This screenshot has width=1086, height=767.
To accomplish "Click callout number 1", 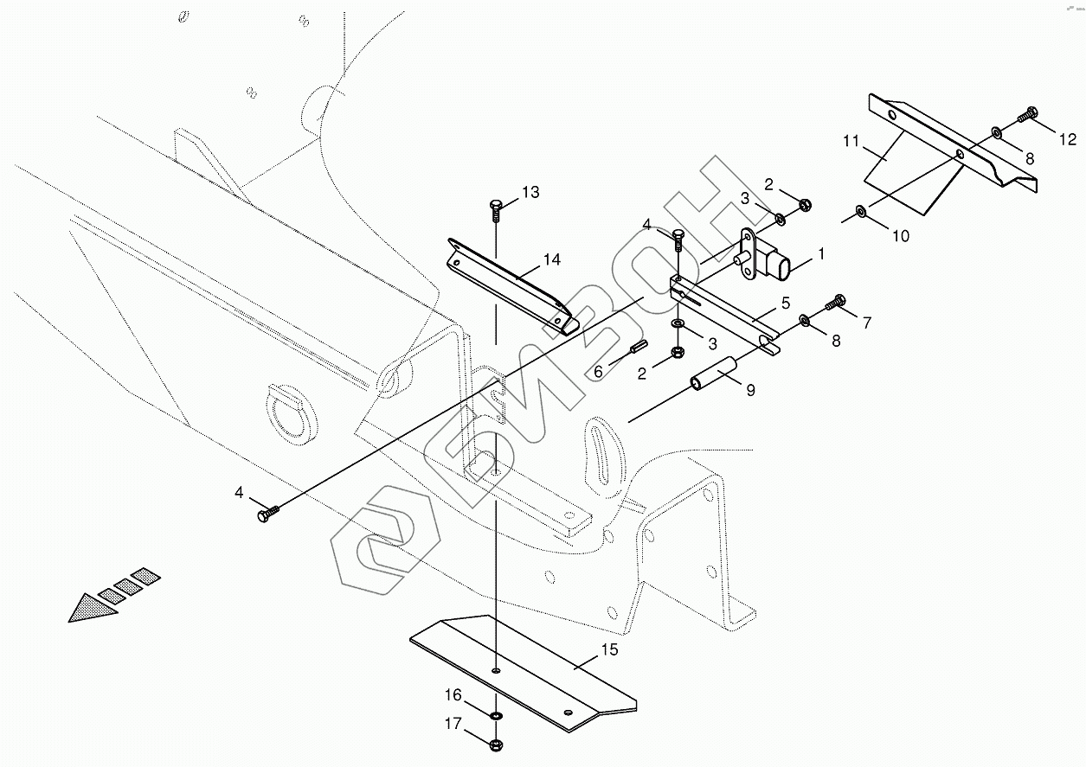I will (821, 254).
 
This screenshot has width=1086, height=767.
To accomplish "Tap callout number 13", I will (530, 192).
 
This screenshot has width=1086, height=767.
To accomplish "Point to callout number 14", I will (552, 259).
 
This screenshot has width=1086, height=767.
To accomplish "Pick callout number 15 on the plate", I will (609, 649).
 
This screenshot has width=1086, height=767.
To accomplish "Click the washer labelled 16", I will (496, 717).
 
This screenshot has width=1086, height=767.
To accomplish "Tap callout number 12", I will (1067, 139).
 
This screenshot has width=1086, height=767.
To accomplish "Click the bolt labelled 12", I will (1029, 112).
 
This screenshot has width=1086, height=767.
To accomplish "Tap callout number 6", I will (597, 371).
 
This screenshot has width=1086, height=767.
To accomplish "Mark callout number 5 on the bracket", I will (785, 303).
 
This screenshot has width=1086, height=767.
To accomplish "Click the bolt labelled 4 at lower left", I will (267, 515).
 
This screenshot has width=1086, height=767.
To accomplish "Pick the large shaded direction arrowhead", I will (92, 609).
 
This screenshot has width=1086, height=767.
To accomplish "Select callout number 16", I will (453, 695).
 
